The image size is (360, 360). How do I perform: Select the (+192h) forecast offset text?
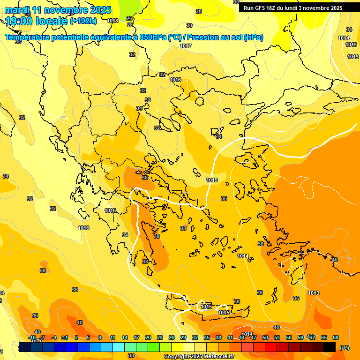click(83, 21)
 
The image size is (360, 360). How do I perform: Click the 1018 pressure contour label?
click(112, 21)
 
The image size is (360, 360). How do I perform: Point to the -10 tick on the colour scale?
click(32, 337)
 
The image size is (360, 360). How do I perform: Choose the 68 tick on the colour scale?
click(336, 337)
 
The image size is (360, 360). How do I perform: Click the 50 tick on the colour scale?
click(265, 337)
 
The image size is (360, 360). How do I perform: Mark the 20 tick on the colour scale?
click(148, 337)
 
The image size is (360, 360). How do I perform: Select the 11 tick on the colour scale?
click(112, 337)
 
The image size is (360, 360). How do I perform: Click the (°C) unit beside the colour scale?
click(344, 348)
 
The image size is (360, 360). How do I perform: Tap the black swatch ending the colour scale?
click(330, 347)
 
